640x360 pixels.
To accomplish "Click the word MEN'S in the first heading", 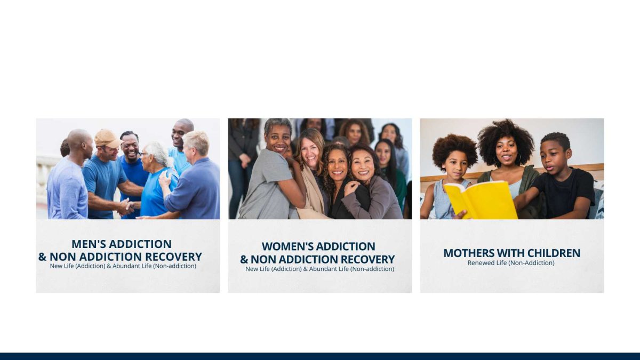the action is (x=89, y=244).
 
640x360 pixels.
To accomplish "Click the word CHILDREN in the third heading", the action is (x=554, y=253).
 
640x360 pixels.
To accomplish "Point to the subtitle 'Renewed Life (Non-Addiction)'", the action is (x=511, y=263).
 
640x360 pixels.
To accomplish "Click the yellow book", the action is (x=482, y=201).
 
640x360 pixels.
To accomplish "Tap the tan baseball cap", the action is (x=107, y=138).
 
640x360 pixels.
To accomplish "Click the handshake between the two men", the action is (x=126, y=206).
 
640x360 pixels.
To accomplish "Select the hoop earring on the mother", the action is (x=518, y=158).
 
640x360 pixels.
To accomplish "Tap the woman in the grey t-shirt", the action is (x=271, y=171).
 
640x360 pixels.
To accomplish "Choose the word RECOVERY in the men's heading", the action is (x=173, y=257).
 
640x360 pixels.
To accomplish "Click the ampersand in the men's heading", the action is (x=42, y=257).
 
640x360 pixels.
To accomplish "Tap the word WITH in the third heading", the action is (x=511, y=253).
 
